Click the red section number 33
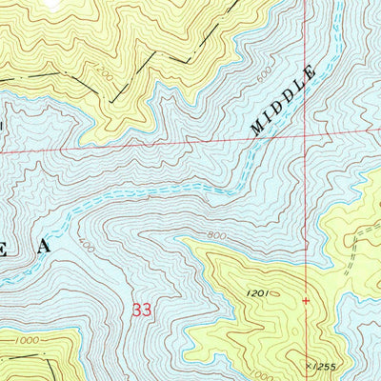click(142, 310)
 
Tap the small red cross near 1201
click(306, 301)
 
